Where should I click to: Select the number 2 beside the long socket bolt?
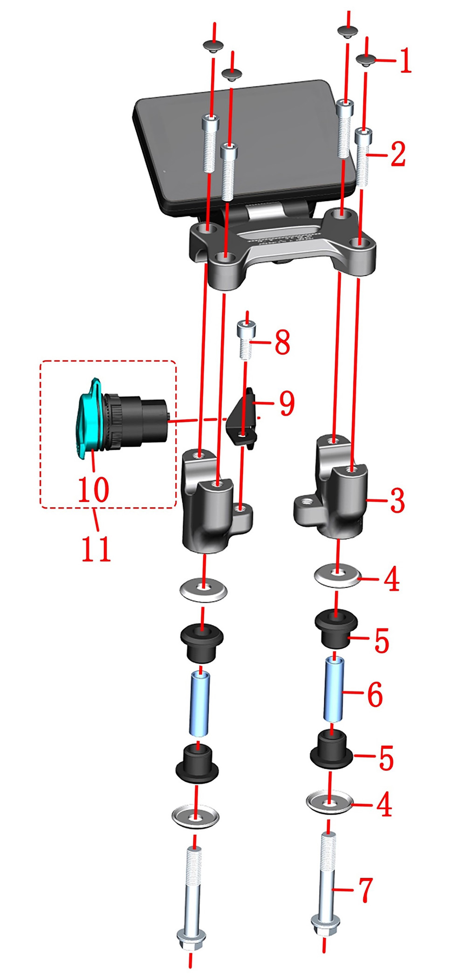[x=397, y=154]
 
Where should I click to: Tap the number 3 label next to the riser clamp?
[x=397, y=501]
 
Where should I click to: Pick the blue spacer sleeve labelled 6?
[x=334, y=688]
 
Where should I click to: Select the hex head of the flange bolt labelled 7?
[x=324, y=924]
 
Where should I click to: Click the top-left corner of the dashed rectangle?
[x=41, y=361]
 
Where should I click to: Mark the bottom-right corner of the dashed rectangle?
[x=176, y=507]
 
